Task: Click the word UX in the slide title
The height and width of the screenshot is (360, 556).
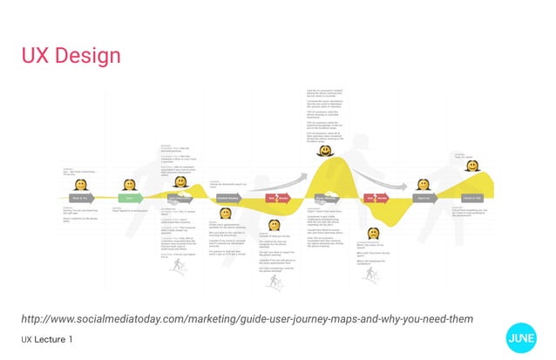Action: click(35, 57)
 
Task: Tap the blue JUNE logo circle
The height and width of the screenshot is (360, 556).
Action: click(521, 338)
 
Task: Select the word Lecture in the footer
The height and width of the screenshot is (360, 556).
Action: click(51, 338)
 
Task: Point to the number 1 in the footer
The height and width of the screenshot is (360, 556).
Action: click(71, 338)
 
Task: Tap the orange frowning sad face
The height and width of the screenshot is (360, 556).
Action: click(372, 233)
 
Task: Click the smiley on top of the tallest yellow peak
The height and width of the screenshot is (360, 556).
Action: click(324, 127)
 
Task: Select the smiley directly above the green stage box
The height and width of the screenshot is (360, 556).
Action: click(129, 185)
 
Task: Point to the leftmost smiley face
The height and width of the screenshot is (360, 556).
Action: click(80, 184)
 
